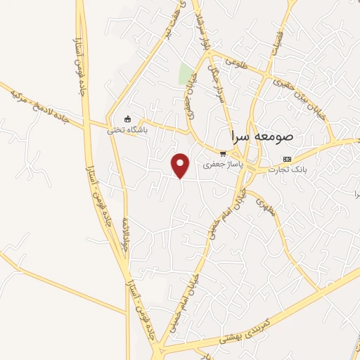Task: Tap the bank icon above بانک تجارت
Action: point(286,160)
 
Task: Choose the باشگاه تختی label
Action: point(127,129)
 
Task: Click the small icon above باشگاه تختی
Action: point(127,119)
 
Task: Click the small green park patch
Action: point(186,74)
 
